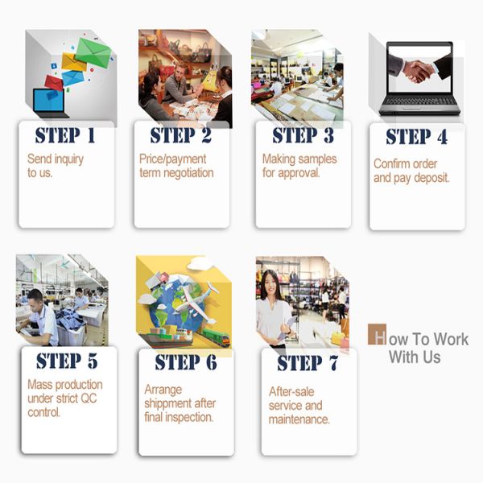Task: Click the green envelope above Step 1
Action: (x=93, y=52)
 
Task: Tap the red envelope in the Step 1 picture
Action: (x=54, y=83)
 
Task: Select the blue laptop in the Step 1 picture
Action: (x=49, y=102)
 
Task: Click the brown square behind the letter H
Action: (x=377, y=334)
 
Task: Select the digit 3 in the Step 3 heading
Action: (x=328, y=135)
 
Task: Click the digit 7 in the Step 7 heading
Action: (x=333, y=362)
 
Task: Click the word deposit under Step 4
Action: (x=431, y=178)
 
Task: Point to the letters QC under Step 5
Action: (x=89, y=398)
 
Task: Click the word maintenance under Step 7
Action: (x=299, y=419)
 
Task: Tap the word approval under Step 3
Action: (x=299, y=173)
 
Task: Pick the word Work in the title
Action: (x=451, y=340)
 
